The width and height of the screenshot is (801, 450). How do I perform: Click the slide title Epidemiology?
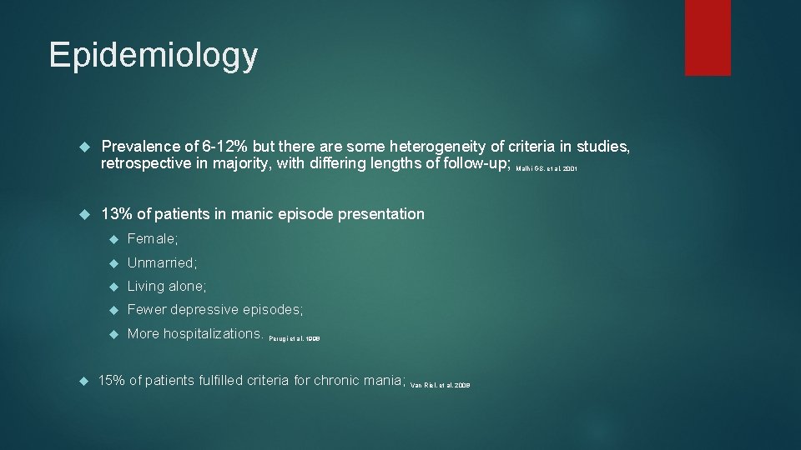click(x=154, y=55)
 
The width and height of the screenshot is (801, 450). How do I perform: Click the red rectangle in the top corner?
click(x=708, y=37)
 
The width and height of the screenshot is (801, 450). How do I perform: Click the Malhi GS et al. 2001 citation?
click(x=547, y=168)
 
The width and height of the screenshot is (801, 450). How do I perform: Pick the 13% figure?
click(x=116, y=214)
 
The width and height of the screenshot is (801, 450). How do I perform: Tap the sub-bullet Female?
click(x=152, y=239)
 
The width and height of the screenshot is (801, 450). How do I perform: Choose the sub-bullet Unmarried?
click(x=162, y=262)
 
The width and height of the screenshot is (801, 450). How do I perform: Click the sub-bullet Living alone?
click(x=166, y=286)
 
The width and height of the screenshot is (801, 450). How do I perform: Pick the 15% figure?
click(x=112, y=381)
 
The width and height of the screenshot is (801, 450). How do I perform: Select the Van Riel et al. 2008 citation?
click(x=441, y=386)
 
